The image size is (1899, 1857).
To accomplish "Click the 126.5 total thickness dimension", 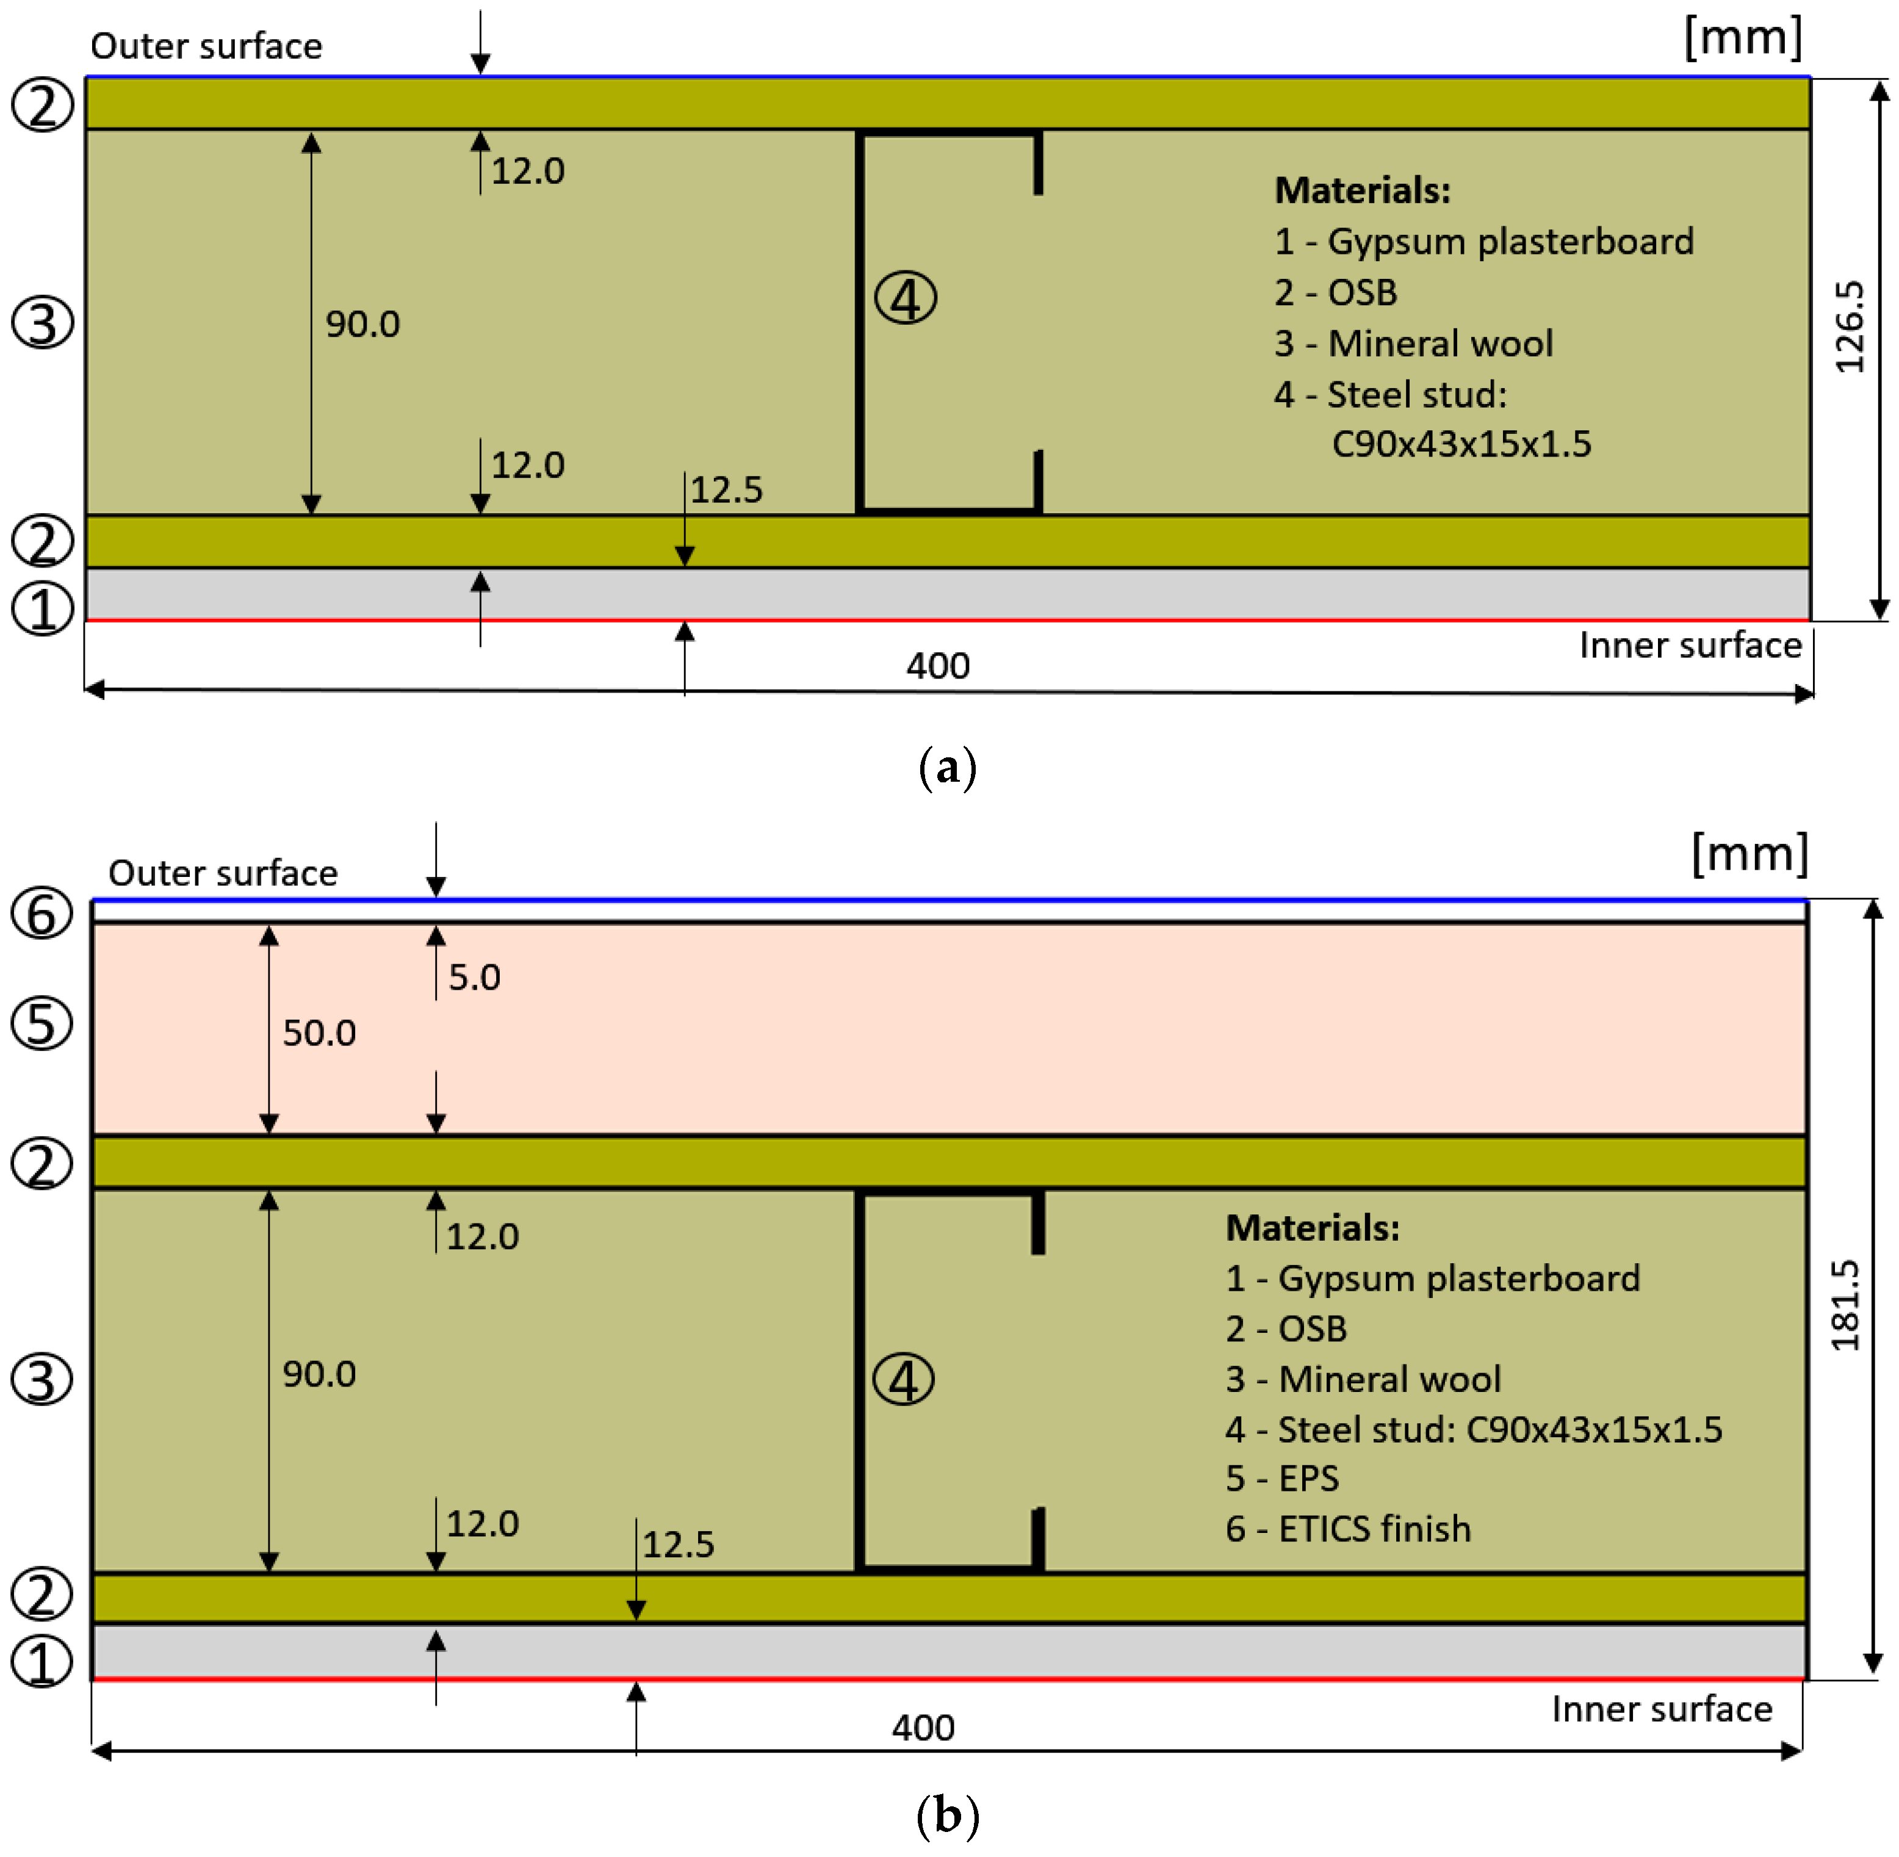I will pyautogui.click(x=1849, y=328).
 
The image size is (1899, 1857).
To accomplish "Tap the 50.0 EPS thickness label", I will pyautogui.click(x=319, y=1033).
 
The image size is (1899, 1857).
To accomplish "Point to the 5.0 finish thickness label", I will pyautogui.click(x=474, y=977).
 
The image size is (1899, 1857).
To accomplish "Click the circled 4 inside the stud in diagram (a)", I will pyautogui.click(x=905, y=298).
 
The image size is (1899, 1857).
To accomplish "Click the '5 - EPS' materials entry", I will pyautogui.click(x=1281, y=1479).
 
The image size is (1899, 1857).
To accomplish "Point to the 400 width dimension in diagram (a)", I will pyautogui.click(x=937, y=666).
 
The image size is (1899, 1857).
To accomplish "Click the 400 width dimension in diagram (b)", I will pyautogui.click(x=923, y=1728).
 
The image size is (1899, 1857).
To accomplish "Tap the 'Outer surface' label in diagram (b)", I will pyautogui.click(x=222, y=873).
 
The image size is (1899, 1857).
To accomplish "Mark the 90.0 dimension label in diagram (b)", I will pyautogui.click(x=319, y=1374).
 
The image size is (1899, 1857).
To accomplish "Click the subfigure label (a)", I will pyautogui.click(x=947, y=768).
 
